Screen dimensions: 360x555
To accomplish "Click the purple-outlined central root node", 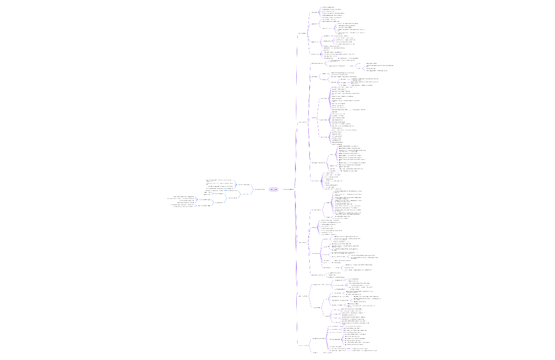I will [274, 189].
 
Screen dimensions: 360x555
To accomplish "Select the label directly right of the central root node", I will [288, 189].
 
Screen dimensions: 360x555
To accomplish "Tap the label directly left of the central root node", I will [259, 189].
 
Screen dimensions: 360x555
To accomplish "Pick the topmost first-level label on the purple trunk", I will [302, 33].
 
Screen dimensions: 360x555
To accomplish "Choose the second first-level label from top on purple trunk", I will [302, 122].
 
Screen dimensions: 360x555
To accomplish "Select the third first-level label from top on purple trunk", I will [302, 243].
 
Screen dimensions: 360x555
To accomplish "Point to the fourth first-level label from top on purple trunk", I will [303, 296].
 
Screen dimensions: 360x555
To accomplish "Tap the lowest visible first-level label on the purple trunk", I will [303, 345].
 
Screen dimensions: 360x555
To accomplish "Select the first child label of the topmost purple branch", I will [315, 12].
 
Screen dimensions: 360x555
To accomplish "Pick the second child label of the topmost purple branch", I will [315, 24].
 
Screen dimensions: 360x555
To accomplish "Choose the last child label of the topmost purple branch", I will [315, 54].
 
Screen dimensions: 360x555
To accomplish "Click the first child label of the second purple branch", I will [317, 63].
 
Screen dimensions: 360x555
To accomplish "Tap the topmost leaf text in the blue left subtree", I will [220, 180].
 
